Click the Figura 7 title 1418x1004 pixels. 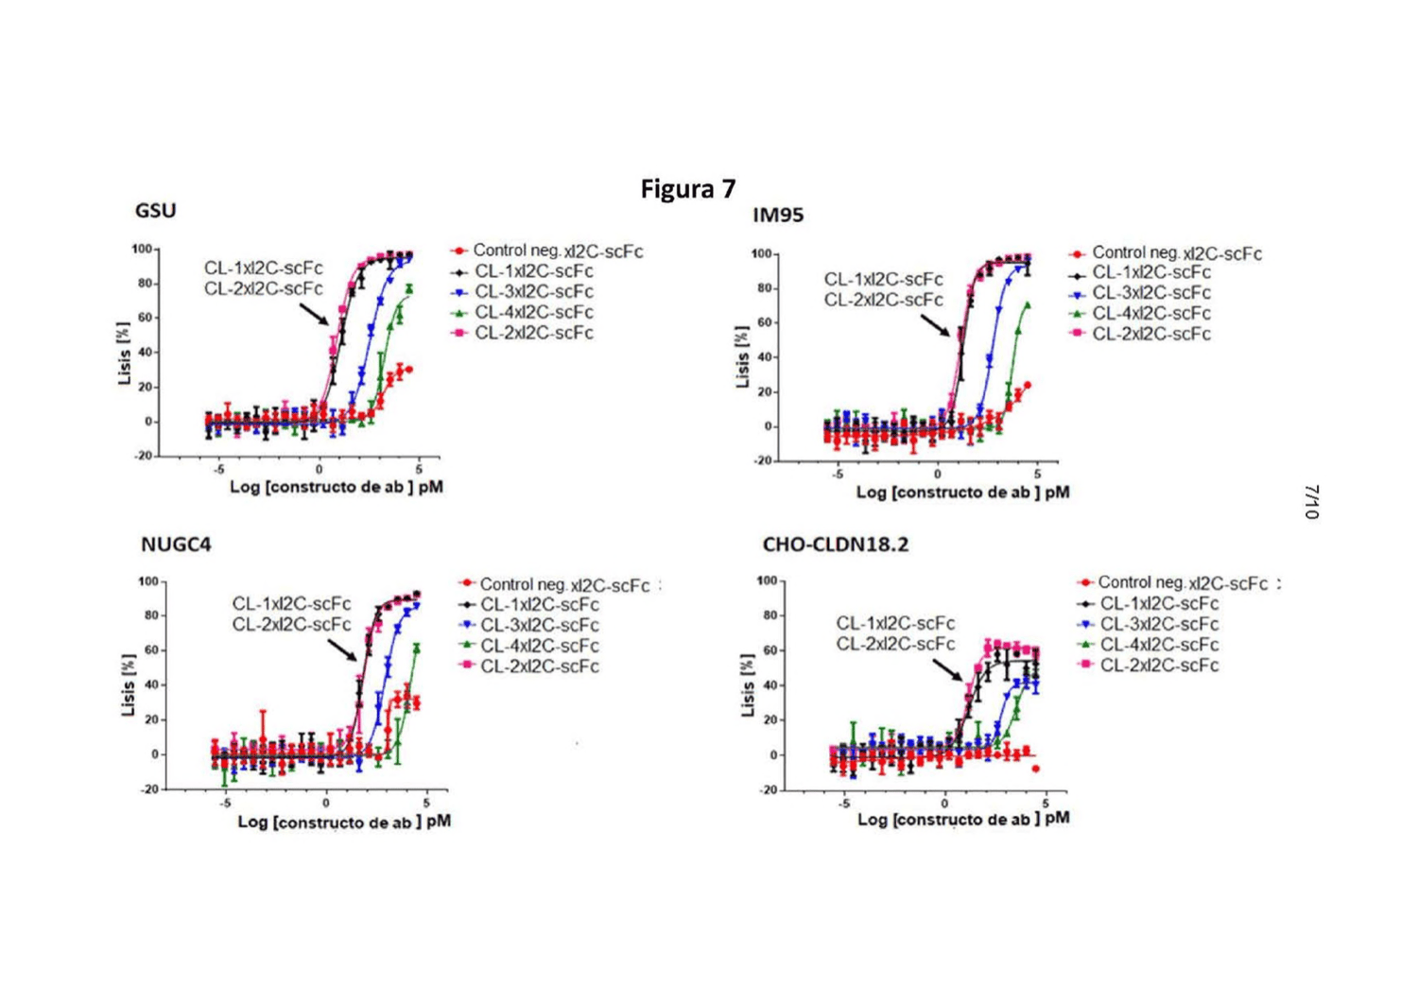tap(688, 189)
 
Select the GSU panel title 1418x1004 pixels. tap(155, 210)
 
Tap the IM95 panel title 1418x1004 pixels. tap(778, 216)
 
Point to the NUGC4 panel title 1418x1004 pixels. tap(176, 545)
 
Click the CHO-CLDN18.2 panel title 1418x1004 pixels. tap(836, 545)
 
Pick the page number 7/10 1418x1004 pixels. tap(1312, 502)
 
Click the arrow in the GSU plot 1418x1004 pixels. tap(313, 314)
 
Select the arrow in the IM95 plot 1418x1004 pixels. tap(935, 325)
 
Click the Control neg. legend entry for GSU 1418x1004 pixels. tap(546, 251)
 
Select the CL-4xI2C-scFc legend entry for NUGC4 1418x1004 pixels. tap(527, 646)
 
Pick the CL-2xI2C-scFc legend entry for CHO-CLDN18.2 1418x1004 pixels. tap(1148, 666)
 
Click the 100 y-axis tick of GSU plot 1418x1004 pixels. tap(142, 249)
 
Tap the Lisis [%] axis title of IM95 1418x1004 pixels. tap(743, 356)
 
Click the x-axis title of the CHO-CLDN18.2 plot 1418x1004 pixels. tap(963, 819)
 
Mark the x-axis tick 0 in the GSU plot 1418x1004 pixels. tap(320, 470)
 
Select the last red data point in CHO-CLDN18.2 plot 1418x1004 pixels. tap(1036, 769)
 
